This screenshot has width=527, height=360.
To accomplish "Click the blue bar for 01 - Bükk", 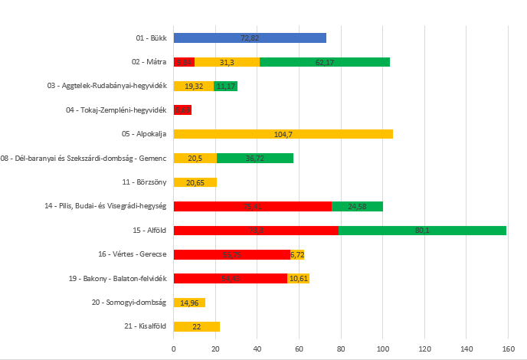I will click(x=250, y=38).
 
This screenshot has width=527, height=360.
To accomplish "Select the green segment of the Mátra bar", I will click(x=325, y=62).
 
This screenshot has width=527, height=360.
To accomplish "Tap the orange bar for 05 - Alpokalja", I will click(x=283, y=134).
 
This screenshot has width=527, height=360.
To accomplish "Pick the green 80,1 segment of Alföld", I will click(x=422, y=230).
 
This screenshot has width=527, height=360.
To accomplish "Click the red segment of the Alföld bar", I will click(x=256, y=230).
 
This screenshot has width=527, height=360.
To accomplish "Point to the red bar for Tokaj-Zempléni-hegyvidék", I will click(x=182, y=110).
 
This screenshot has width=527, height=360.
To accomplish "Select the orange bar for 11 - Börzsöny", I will click(x=195, y=182).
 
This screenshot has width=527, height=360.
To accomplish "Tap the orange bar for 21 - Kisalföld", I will click(x=197, y=326).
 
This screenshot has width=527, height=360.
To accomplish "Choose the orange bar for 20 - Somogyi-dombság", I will click(x=189, y=303).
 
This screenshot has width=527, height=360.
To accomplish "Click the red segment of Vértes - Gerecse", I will click(x=232, y=254).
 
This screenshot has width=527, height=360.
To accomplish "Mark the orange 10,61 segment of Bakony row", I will click(x=298, y=278).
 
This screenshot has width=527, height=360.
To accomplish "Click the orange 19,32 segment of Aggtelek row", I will click(x=194, y=86).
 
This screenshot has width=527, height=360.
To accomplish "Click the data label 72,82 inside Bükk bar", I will click(x=250, y=38).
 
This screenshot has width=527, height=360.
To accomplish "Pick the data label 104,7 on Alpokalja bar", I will click(x=283, y=134).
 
